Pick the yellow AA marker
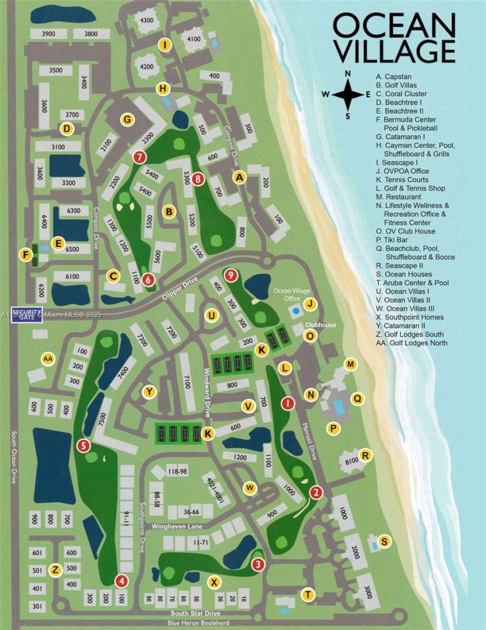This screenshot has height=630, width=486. coord(48,359)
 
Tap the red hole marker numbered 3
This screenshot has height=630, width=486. coord(258,565)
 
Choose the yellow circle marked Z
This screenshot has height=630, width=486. coord(55,570)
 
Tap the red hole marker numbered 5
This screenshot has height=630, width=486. coord(84,446)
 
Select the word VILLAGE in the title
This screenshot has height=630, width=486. coord(393,51)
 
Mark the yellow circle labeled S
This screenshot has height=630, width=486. coord(384,541)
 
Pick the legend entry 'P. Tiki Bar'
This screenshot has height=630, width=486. coord(395,248)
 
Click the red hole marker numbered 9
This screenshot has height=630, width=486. coord(230,275)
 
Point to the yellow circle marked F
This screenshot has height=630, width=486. coord(26,253)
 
